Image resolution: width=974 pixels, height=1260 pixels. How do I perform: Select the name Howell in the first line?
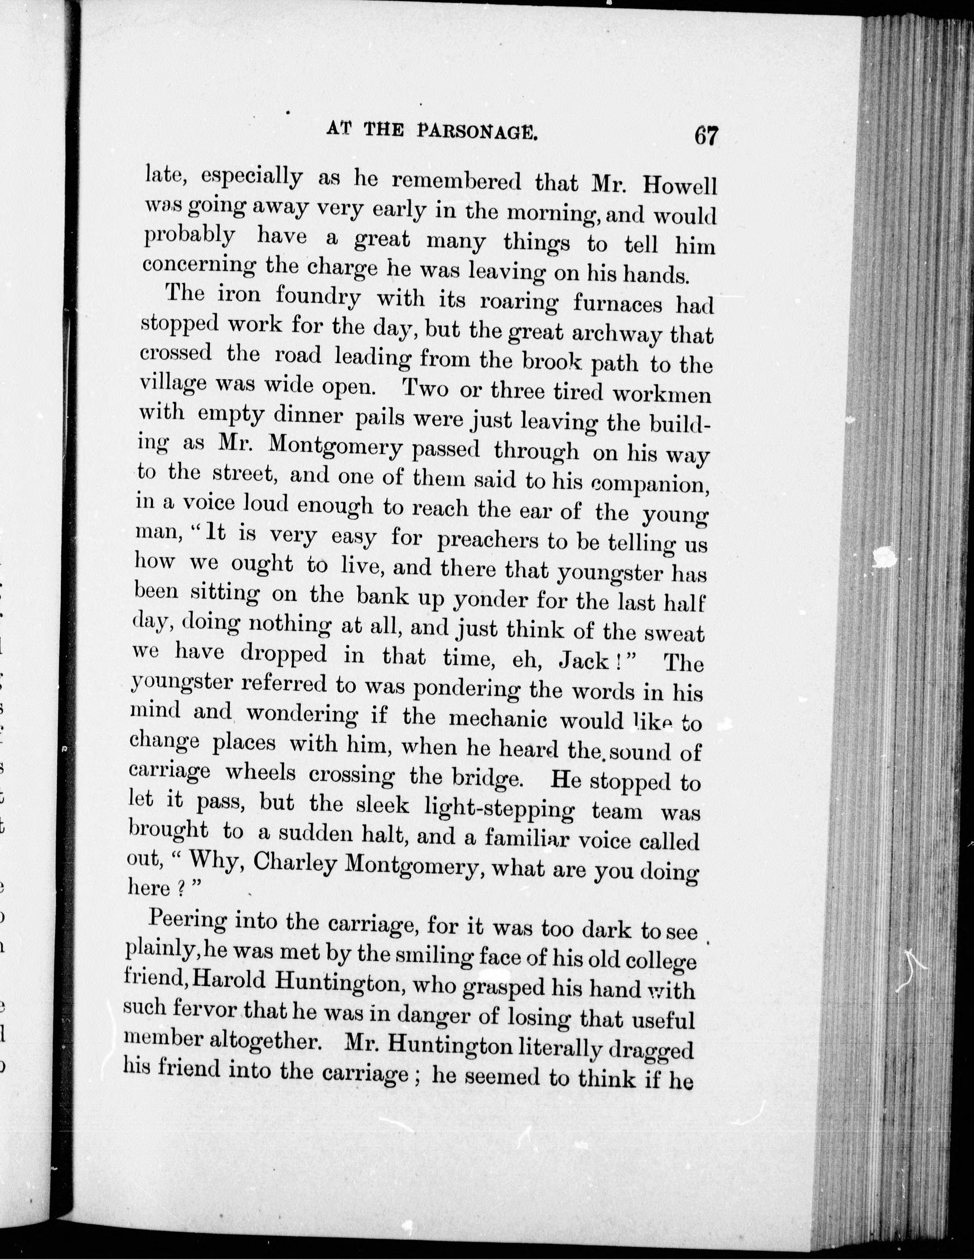click(680, 186)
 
